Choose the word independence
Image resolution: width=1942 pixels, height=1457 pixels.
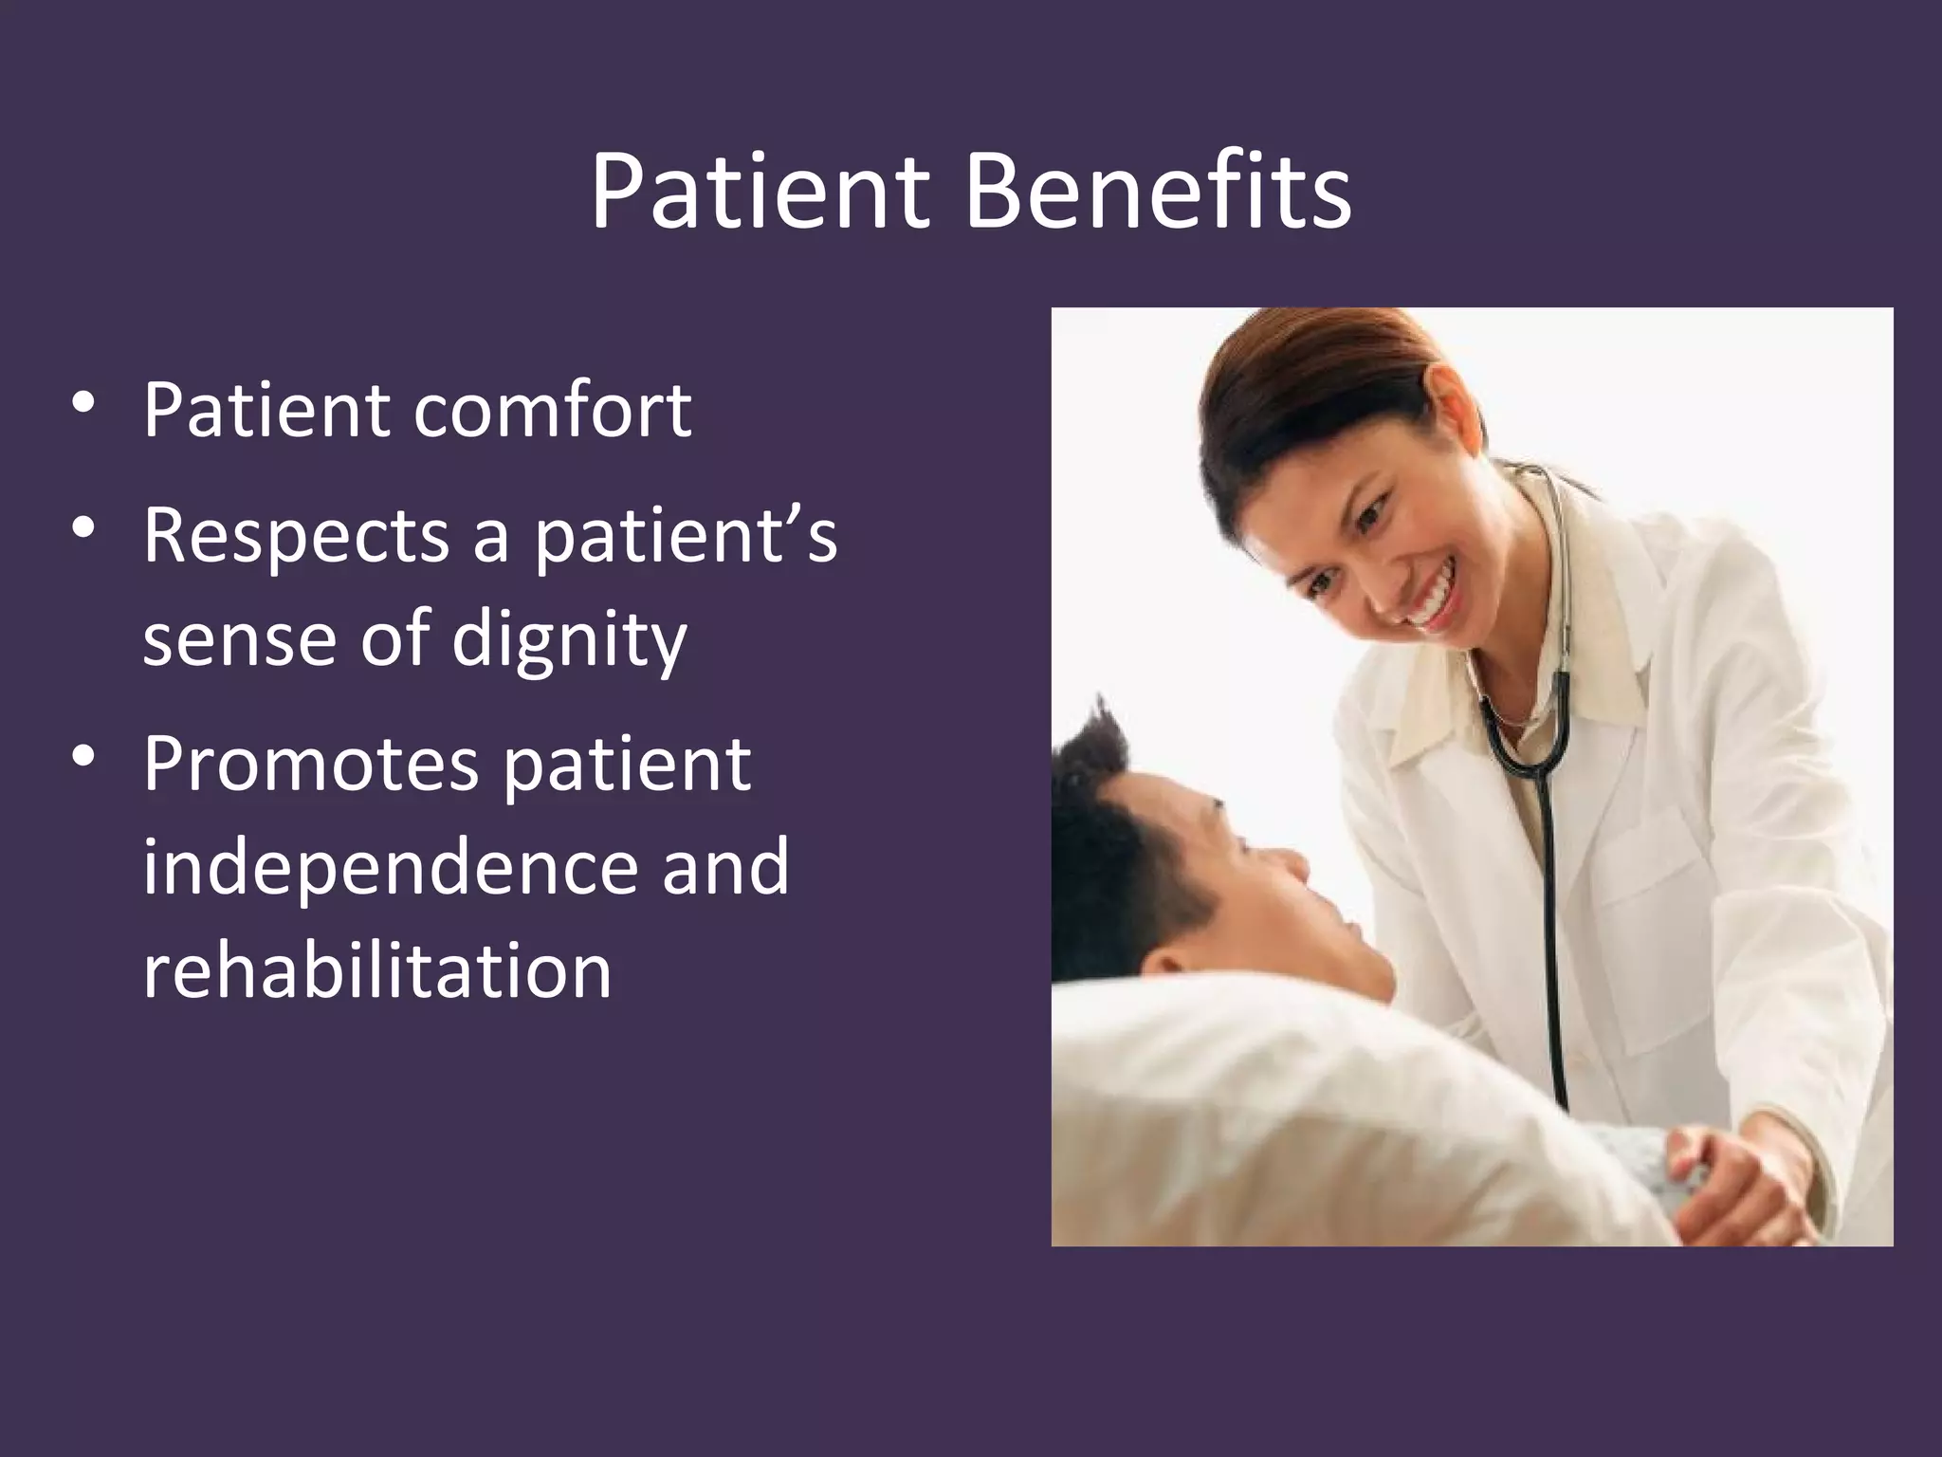pyautogui.click(x=391, y=866)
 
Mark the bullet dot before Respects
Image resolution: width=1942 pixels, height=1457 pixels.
pyautogui.click(x=83, y=529)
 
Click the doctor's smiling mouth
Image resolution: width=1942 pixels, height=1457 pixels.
pyautogui.click(x=1430, y=604)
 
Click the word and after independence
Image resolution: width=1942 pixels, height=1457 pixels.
pyautogui.click(x=725, y=866)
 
